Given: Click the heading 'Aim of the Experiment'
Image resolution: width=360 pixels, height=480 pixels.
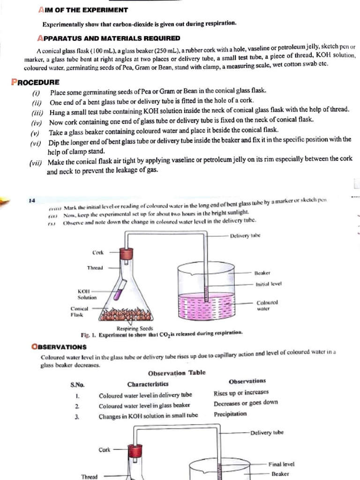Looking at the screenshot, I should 82,10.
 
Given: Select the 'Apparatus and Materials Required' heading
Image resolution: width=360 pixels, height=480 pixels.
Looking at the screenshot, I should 109,38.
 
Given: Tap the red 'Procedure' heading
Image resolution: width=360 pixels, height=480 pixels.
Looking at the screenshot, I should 35,82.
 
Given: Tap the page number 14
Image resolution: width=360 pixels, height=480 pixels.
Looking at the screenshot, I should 32,201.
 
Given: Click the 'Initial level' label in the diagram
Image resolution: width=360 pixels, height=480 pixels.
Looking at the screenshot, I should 268,284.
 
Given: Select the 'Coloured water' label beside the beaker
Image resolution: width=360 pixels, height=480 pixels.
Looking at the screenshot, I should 267,306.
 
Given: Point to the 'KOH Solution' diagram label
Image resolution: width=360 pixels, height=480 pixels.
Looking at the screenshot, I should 87,294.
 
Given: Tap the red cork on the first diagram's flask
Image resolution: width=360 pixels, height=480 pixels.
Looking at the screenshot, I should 125,254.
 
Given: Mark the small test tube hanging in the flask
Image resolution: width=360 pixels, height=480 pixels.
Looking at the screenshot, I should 120,285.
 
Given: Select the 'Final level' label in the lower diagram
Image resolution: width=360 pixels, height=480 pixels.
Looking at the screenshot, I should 281,464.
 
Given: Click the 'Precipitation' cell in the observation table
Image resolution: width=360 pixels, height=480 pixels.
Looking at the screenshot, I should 230,414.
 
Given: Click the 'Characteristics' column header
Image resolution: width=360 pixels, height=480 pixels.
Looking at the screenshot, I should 148,384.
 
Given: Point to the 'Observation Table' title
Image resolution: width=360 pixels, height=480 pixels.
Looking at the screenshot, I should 176,373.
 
